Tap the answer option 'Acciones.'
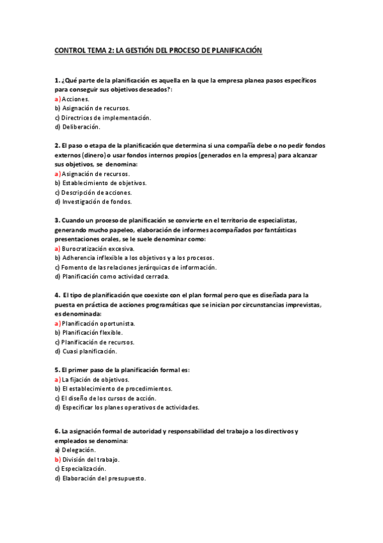tap(75, 99)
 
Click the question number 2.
tap(57, 145)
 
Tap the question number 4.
tap(57, 295)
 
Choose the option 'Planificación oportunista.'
tap(98, 323)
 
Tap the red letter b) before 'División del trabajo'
tap(58, 459)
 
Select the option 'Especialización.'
tap(83, 469)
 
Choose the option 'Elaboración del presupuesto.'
tap(104, 478)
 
